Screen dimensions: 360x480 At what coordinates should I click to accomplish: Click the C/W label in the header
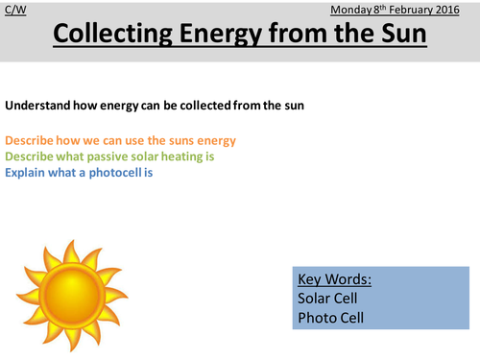[x=14, y=11]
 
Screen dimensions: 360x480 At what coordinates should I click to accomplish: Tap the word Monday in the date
[x=351, y=11]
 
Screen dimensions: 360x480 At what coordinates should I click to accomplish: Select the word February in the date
[x=416, y=11]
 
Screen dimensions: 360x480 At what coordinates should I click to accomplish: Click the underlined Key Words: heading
[x=332, y=281]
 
